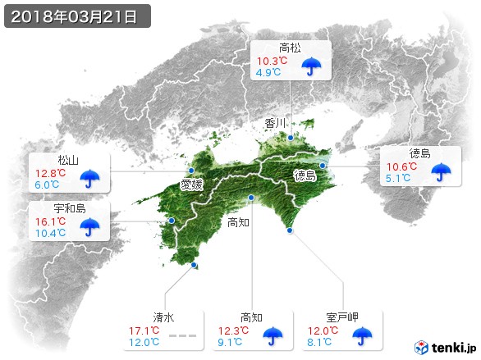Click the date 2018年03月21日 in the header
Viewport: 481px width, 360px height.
(76, 16)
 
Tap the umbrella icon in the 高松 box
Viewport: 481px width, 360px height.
(311, 66)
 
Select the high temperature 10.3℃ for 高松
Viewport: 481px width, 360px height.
(271, 61)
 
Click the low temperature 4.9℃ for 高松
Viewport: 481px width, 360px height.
(269, 72)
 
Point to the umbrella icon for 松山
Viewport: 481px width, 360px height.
(89, 175)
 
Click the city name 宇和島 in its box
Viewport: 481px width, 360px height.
(69, 208)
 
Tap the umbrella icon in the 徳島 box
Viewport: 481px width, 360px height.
(442, 171)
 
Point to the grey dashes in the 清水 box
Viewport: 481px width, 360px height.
(183, 336)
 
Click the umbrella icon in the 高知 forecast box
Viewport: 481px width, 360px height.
(270, 335)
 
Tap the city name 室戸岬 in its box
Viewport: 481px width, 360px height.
(342, 317)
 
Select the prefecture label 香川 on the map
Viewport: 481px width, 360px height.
(276, 124)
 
